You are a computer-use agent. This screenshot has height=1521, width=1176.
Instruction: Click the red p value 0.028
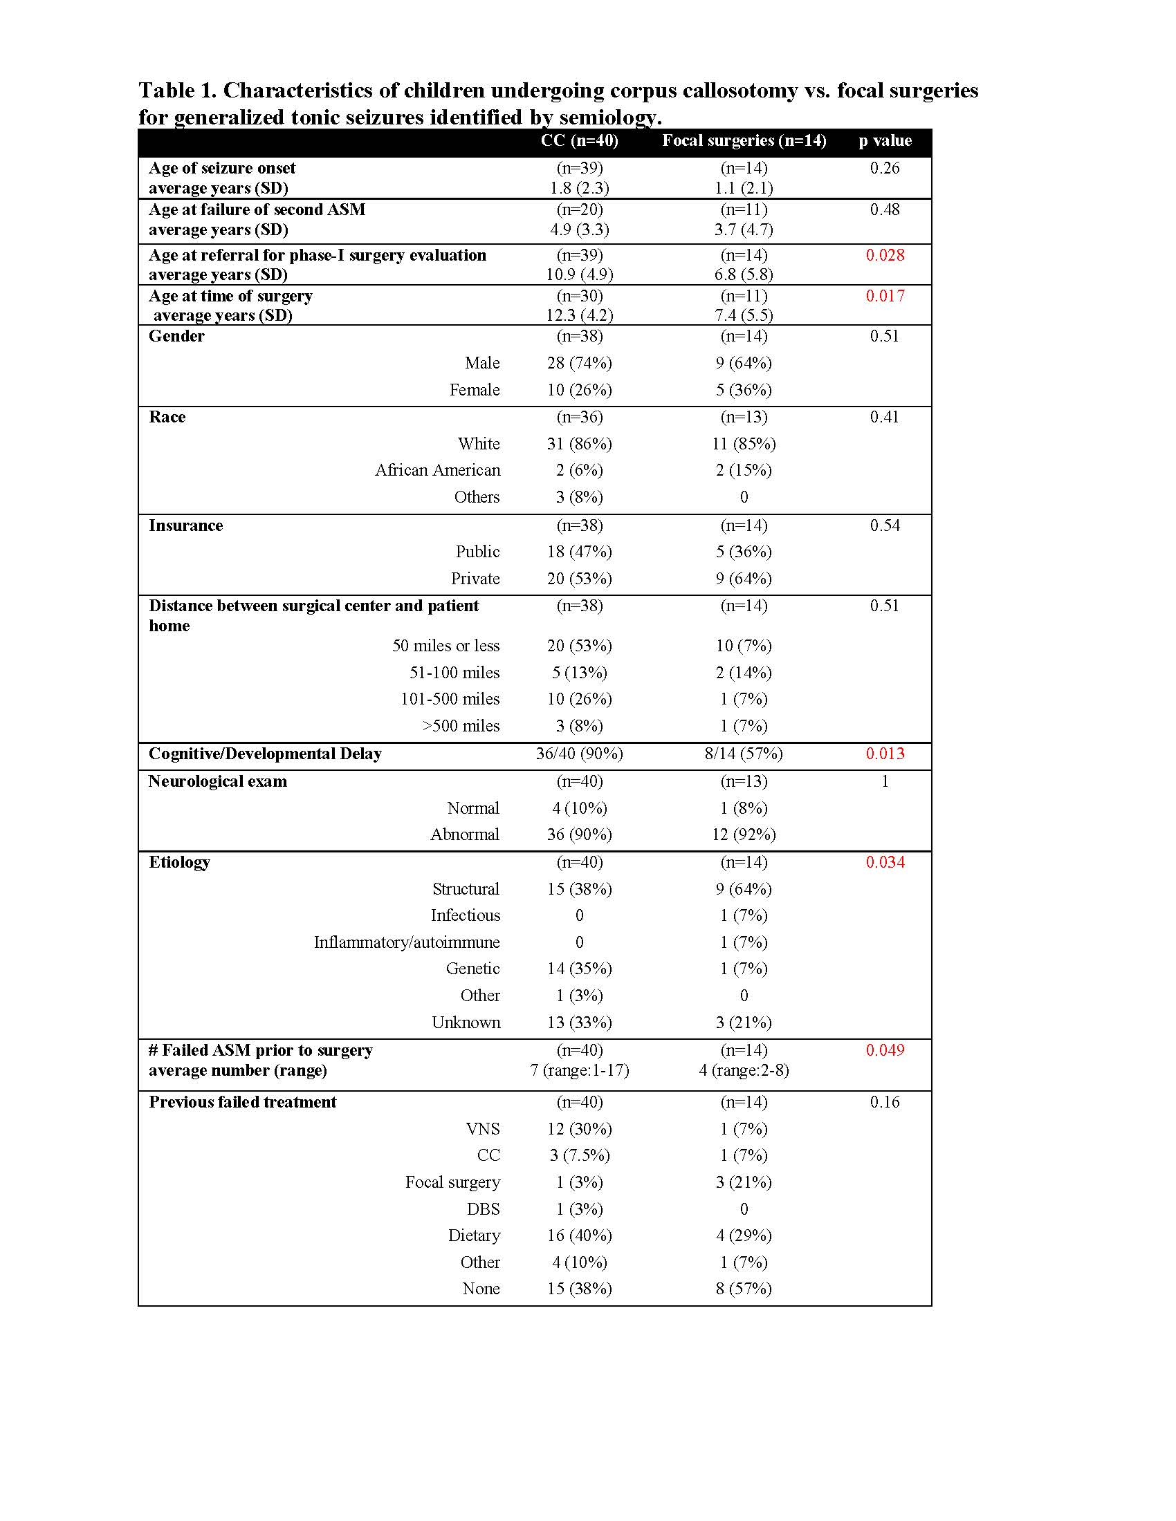(x=885, y=255)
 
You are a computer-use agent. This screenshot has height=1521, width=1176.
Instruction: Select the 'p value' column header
(x=885, y=140)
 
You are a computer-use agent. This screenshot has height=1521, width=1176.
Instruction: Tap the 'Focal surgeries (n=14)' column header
(x=744, y=140)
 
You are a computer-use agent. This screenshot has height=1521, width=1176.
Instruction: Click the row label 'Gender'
(x=176, y=337)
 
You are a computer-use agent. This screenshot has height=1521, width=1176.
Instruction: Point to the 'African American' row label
(x=437, y=470)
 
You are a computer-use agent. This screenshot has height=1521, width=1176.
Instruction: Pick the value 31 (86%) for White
(x=580, y=444)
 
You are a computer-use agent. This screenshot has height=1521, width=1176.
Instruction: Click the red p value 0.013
(x=885, y=754)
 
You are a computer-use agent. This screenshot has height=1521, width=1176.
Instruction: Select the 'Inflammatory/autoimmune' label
(x=407, y=942)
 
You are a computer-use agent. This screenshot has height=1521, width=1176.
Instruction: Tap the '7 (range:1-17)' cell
(x=580, y=1070)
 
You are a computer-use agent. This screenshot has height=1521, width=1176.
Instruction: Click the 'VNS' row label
(x=483, y=1129)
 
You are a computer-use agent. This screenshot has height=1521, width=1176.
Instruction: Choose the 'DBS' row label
(x=484, y=1209)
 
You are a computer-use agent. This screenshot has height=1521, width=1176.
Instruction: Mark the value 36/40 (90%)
(x=580, y=754)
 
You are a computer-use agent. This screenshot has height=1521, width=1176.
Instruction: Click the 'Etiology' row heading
(x=179, y=862)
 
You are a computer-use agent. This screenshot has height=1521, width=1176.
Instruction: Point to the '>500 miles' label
(x=461, y=726)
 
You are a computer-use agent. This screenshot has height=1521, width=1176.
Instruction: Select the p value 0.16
(x=885, y=1102)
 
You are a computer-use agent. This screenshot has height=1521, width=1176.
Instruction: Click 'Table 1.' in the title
(x=177, y=91)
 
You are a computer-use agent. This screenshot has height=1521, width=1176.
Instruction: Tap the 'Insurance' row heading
(x=185, y=525)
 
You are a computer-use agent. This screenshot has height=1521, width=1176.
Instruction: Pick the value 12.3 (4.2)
(x=580, y=315)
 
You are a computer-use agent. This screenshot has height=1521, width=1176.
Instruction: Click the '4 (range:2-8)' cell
(x=744, y=1070)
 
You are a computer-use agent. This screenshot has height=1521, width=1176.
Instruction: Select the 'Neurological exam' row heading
(x=217, y=781)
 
